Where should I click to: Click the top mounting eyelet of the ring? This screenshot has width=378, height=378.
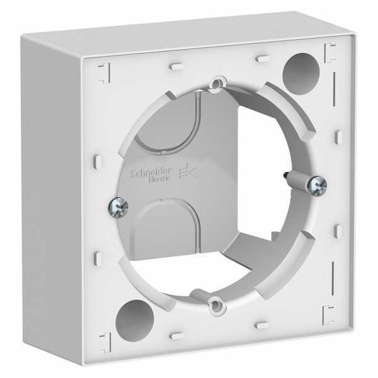point(217,83)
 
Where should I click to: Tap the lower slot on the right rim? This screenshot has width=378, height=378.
point(338,231)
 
